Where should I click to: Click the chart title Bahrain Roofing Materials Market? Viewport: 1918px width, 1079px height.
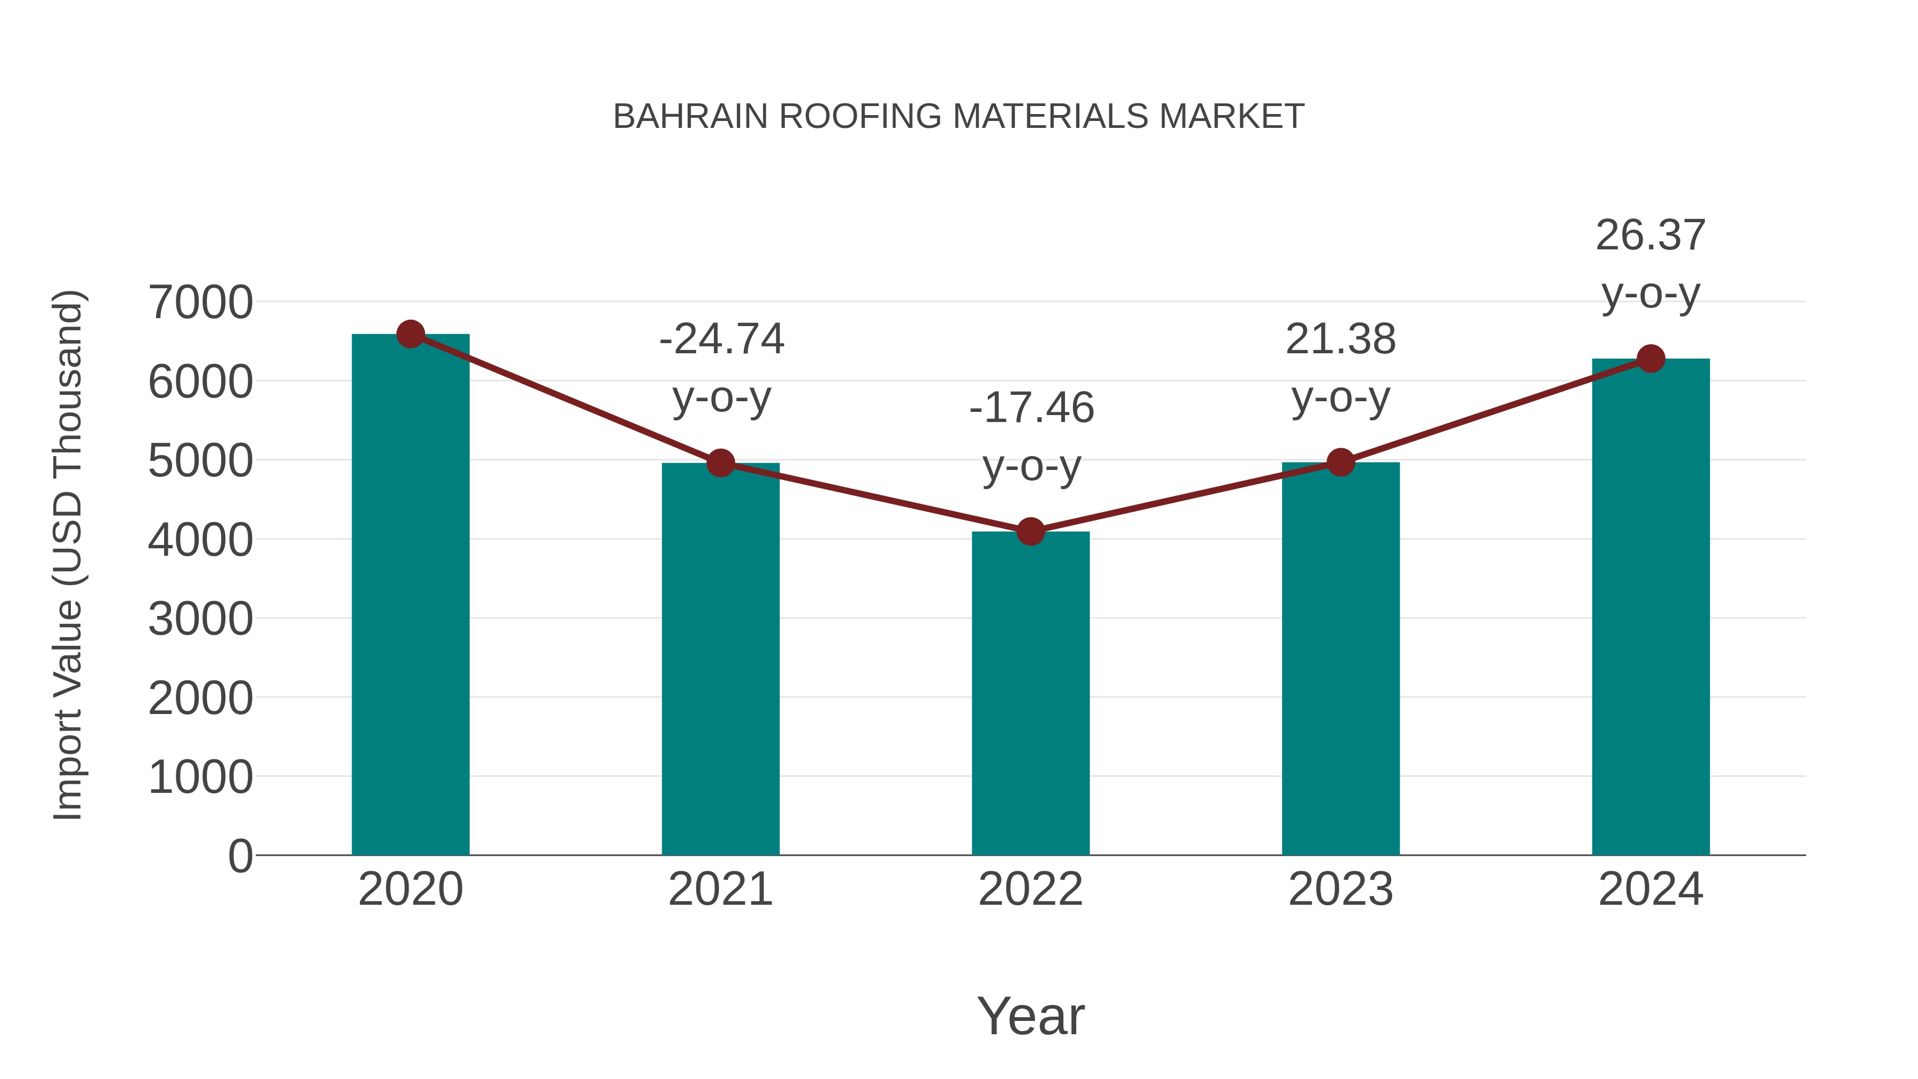958,117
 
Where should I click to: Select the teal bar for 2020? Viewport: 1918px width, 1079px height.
410,596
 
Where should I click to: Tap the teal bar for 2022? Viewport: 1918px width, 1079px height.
1030,693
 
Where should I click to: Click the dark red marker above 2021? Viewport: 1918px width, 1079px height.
721,463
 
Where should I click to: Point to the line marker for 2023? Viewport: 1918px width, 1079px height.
1340,463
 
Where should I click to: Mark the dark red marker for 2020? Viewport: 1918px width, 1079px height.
410,334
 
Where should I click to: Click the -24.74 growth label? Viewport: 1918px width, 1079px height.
721,339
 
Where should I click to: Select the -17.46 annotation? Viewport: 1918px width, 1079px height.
1031,408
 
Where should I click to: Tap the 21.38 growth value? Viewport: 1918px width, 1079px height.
1340,339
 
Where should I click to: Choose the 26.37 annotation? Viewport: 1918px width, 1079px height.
1650,236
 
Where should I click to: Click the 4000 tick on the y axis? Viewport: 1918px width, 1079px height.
200,540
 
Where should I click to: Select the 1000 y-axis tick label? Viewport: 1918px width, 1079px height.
200,777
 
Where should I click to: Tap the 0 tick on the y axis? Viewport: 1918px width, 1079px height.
240,856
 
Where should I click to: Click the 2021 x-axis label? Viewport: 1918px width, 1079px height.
721,889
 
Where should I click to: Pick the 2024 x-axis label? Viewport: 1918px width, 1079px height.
1651,889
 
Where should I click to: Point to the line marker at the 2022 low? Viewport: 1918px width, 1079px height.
1030,532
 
